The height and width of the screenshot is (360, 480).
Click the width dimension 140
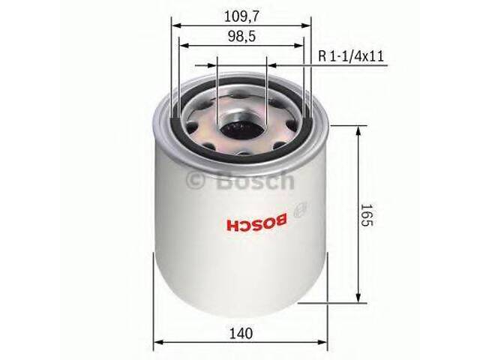(x=241, y=332)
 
